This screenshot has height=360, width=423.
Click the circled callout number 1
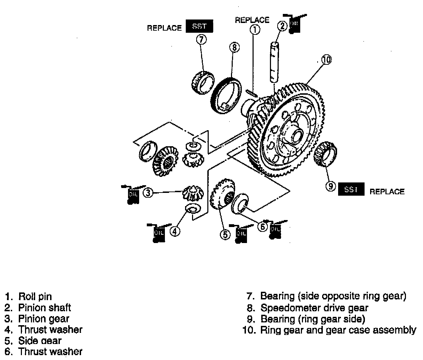click(x=255, y=30)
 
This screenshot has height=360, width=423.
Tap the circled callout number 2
click(x=282, y=25)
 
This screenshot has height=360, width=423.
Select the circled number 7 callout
click(x=201, y=39)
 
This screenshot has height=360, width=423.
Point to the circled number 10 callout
click(x=326, y=60)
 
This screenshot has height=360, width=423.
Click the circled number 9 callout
click(x=330, y=187)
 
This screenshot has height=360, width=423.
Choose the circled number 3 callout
click(x=149, y=193)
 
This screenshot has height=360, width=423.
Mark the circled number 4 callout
click(x=175, y=231)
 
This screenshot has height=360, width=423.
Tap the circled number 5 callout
click(x=225, y=235)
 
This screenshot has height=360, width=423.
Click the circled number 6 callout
click(x=262, y=227)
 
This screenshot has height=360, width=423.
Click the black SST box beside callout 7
click(x=199, y=26)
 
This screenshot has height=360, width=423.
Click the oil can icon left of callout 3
click(x=132, y=194)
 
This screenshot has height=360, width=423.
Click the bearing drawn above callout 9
click(x=326, y=155)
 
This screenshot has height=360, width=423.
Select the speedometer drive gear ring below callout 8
click(x=226, y=96)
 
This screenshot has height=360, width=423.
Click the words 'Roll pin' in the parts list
click(x=35, y=297)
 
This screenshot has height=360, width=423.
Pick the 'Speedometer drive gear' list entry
click(x=314, y=308)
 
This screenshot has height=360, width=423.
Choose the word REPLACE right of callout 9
click(x=387, y=191)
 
